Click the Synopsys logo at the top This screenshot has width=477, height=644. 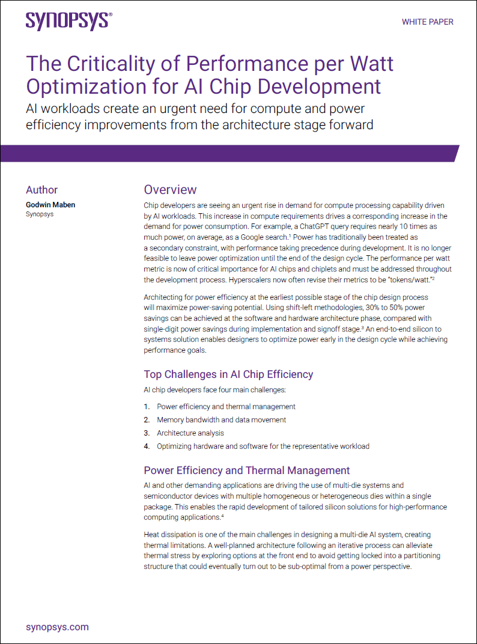[68, 21]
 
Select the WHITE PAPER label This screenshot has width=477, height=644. [427, 22]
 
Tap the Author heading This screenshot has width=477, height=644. [41, 190]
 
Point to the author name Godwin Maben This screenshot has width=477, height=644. [50, 205]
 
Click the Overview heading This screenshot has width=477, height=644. [170, 190]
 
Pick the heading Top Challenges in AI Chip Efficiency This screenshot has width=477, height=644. [228, 374]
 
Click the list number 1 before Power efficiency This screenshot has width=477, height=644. [147, 407]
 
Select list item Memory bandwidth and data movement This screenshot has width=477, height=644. [221, 420]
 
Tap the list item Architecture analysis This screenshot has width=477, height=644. [190, 433]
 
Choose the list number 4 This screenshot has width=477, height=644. [147, 446]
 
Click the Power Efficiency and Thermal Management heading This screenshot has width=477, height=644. [246, 470]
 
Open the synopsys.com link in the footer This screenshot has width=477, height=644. [58, 627]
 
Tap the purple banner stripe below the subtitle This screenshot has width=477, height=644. [228, 154]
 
